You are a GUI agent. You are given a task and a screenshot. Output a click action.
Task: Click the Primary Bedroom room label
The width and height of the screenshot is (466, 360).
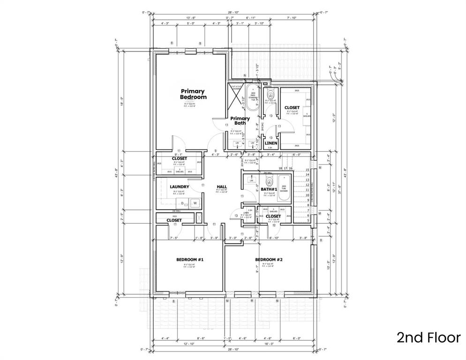(193, 94)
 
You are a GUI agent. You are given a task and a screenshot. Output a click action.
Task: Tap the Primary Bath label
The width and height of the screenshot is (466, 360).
(240, 121)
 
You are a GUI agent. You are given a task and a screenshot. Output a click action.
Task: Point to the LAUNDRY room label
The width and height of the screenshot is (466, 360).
(179, 187)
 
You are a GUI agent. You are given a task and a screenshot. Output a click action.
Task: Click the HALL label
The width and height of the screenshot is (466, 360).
(222, 187)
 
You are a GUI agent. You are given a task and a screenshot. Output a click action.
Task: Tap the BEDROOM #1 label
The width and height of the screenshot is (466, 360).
(189, 259)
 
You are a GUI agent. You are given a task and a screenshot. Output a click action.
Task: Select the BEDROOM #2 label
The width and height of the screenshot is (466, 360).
(269, 259)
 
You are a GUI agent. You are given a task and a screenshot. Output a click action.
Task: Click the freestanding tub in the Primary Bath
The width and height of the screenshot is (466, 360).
(254, 98)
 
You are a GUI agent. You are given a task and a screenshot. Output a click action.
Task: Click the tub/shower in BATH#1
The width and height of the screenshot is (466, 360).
(283, 188)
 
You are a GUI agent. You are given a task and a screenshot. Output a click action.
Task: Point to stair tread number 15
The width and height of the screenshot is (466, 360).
(308, 170)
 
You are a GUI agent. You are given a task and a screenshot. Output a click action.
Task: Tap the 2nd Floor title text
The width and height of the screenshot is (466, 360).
(428, 337)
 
